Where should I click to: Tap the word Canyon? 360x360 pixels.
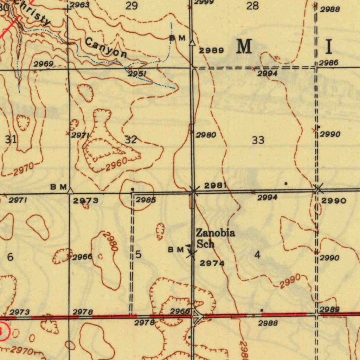(x=106, y=48)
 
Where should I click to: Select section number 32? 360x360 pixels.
(x=131, y=140)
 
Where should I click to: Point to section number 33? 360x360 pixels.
(x=258, y=140)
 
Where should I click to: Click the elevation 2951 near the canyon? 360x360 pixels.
(x=137, y=74)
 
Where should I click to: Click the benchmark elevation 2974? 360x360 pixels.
(x=212, y=263)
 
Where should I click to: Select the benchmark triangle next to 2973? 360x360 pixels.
(x=70, y=191)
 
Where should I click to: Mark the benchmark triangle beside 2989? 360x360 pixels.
(x=192, y=43)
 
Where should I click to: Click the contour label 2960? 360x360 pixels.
(x=116, y=165)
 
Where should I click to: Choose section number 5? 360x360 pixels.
(x=138, y=255)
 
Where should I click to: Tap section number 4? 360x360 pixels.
(x=258, y=255)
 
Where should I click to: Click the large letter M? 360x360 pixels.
(x=244, y=46)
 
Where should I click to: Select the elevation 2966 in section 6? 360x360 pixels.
(x=82, y=257)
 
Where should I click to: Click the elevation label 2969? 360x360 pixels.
(x=44, y=64)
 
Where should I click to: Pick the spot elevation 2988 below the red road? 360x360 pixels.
(x=268, y=323)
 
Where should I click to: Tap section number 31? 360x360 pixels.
(x=11, y=139)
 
